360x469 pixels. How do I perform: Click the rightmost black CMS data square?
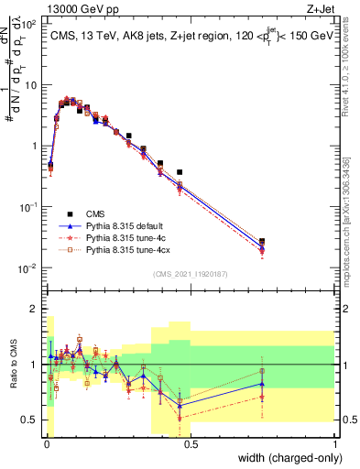tap(262, 242)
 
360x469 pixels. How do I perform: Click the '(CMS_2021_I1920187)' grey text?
tap(190, 274)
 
